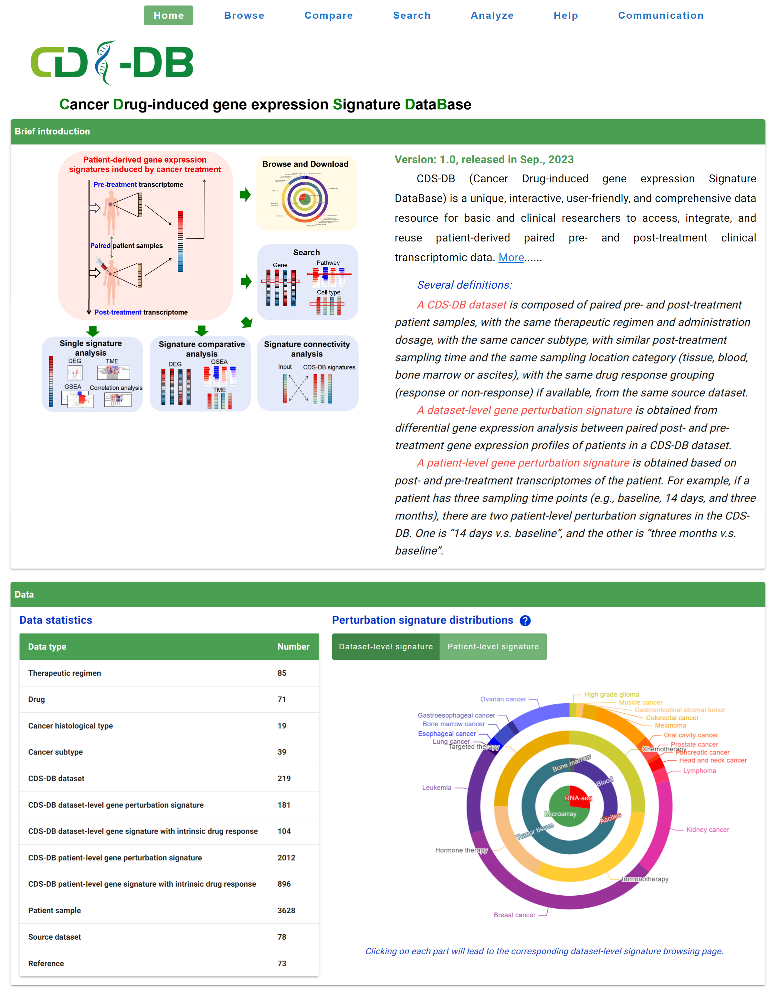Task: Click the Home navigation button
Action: [168, 16]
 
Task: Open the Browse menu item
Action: [244, 16]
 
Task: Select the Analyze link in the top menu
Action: [492, 16]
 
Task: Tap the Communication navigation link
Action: [660, 16]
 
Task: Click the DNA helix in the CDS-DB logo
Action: [104, 63]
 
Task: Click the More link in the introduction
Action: [511, 258]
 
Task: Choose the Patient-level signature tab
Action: [493, 646]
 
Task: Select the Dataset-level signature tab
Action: [386, 646]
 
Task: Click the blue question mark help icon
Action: [525, 621]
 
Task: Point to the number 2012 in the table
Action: [286, 858]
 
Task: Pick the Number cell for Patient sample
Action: [286, 910]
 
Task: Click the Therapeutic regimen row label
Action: [64, 673]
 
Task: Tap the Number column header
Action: [293, 646]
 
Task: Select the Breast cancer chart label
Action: [514, 915]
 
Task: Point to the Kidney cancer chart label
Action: [707, 829]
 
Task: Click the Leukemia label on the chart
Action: [437, 787]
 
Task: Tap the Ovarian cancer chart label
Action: [503, 699]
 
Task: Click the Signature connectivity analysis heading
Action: [307, 349]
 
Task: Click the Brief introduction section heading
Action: [52, 132]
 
